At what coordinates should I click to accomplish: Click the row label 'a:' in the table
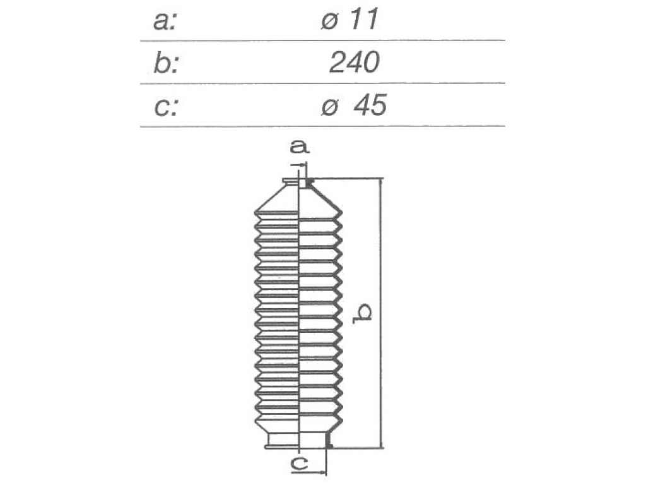pyautogui.click(x=165, y=21)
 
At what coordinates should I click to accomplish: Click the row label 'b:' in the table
pyautogui.click(x=166, y=63)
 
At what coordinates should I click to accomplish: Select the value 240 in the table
pyautogui.click(x=354, y=63)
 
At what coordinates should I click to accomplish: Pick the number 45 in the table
pyautogui.click(x=370, y=105)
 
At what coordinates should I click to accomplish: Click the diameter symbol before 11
pyautogui.click(x=329, y=21)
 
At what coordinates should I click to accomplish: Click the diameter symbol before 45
pyautogui.click(x=329, y=107)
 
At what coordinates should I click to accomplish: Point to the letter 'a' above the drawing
pyautogui.click(x=300, y=147)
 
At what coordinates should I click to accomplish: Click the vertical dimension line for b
pyautogui.click(x=381, y=313)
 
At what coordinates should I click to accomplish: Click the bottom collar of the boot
pyautogui.click(x=298, y=440)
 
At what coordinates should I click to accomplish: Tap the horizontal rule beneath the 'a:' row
pyautogui.click(x=322, y=41)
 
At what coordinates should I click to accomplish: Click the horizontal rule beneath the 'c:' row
pyautogui.click(x=322, y=126)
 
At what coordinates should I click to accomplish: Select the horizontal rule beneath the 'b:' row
pyautogui.click(x=322, y=83)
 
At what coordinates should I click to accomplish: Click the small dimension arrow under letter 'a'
pyautogui.click(x=299, y=165)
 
